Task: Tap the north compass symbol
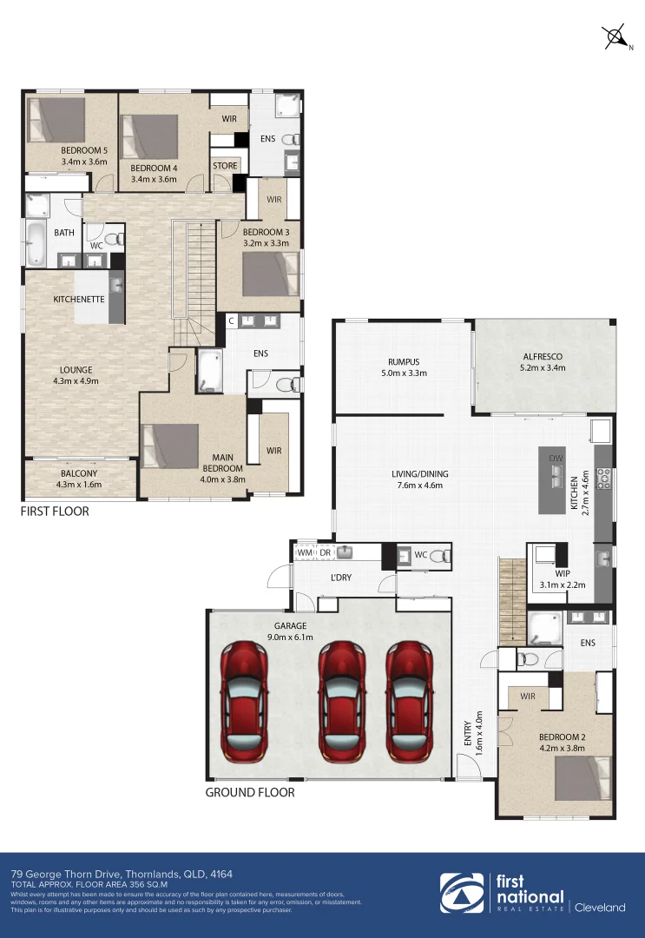tap(617, 37)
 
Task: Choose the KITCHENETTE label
tap(79, 299)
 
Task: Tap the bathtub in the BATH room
tap(36, 244)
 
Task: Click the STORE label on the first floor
tap(225, 166)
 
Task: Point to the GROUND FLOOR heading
tap(249, 792)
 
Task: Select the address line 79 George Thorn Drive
tap(122, 873)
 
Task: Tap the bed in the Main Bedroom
tap(170, 446)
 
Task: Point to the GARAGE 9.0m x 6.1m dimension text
tap(291, 637)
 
